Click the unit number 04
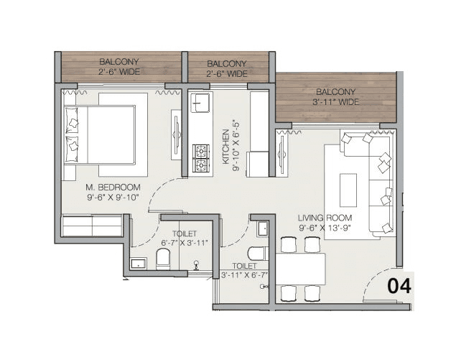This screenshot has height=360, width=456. coord(399,285)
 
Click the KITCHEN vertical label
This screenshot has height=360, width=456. coord(225,148)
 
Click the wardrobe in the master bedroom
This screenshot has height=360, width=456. coord(92,226)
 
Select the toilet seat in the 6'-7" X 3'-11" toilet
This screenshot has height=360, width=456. coord(163,259)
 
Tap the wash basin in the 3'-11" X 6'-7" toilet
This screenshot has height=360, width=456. coord(262,229)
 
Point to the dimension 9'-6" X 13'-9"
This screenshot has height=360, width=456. coord(323,228)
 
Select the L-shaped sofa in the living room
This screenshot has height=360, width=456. coord(373,183)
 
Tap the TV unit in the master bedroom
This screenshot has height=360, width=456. coord(176,134)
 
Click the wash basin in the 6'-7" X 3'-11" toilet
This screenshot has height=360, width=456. coord(138,264)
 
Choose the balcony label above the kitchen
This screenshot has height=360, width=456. coord(227,68)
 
